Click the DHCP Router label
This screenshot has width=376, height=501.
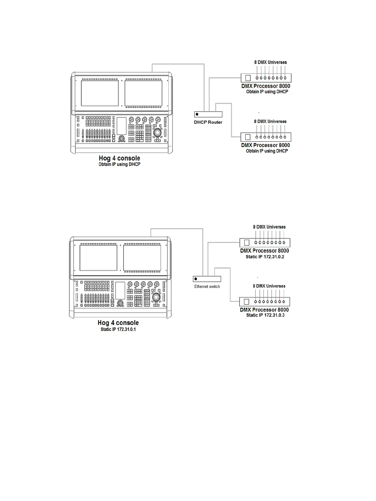coord(208,122)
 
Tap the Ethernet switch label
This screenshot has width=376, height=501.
coord(207,287)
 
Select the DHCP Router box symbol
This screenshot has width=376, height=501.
coord(208,114)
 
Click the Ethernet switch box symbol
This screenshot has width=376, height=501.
coord(207,279)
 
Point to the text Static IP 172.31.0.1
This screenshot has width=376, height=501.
coord(118,329)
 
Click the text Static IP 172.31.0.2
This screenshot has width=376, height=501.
coord(265,257)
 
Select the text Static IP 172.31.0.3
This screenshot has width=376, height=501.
coord(265,315)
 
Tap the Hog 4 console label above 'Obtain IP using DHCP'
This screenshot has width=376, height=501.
coord(119,158)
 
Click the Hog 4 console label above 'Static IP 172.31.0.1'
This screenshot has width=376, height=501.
coord(118,323)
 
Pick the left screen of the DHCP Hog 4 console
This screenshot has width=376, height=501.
coord(100,93)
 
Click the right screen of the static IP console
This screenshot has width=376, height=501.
coord(142,258)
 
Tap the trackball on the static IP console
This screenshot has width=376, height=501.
coord(156,298)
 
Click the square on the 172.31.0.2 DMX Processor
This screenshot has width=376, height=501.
coord(247,243)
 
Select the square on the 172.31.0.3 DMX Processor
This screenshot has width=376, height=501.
coord(246,302)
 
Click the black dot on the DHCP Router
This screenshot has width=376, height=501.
coord(197,114)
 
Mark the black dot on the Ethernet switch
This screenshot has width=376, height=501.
coord(196,279)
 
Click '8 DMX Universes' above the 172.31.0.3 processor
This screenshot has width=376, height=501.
coord(269,286)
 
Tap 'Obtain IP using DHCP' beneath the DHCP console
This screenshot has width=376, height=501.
coord(119,164)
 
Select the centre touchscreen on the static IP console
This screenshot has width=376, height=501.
coord(120,291)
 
